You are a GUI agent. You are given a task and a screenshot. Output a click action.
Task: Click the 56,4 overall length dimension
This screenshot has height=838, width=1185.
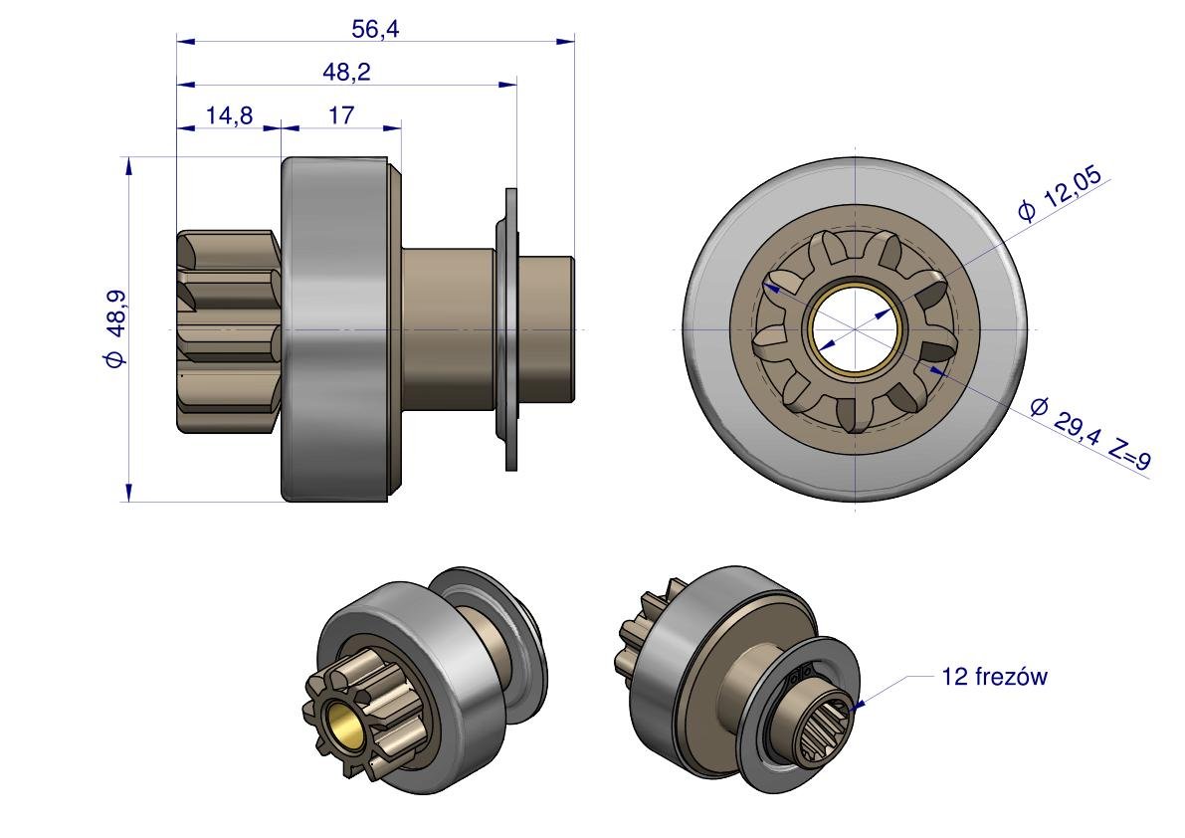point(375,30)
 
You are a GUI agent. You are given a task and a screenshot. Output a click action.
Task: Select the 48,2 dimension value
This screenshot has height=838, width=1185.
point(346,73)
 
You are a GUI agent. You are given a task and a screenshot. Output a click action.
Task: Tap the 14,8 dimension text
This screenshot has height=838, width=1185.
point(229,115)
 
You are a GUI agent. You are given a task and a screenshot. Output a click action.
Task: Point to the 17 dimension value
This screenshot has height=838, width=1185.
point(341,115)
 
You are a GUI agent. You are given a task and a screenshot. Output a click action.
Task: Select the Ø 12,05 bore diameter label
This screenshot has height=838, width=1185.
point(1061,195)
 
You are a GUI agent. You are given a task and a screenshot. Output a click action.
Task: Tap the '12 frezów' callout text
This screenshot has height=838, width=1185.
point(994,677)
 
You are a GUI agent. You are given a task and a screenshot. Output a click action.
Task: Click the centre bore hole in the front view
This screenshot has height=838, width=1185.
point(854,330)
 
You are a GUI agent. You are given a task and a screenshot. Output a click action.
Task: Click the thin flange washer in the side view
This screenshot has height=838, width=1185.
point(510,329)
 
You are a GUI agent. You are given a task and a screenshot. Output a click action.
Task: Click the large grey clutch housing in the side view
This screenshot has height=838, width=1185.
point(335,329)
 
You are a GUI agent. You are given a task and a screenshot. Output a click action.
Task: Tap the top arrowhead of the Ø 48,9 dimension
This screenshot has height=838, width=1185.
point(128,166)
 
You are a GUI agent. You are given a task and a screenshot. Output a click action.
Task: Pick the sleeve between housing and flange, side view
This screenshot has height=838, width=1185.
point(448,329)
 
